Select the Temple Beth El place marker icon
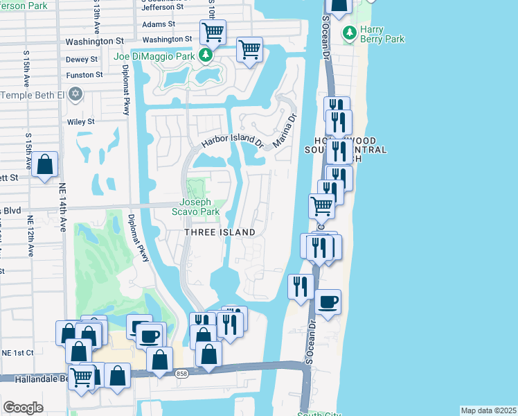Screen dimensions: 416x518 75,94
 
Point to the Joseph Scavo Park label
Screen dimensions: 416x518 200,207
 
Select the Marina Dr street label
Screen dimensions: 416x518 285,130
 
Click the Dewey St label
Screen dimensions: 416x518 82,60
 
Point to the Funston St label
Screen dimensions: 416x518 84,75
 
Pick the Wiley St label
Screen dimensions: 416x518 81,122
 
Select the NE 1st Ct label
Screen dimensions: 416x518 17,353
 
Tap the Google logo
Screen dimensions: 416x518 23,408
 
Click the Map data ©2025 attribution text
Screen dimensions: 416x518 488,410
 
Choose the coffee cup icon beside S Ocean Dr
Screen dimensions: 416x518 328,302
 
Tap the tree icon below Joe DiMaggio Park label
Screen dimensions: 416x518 205,55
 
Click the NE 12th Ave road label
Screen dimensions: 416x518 30,236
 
